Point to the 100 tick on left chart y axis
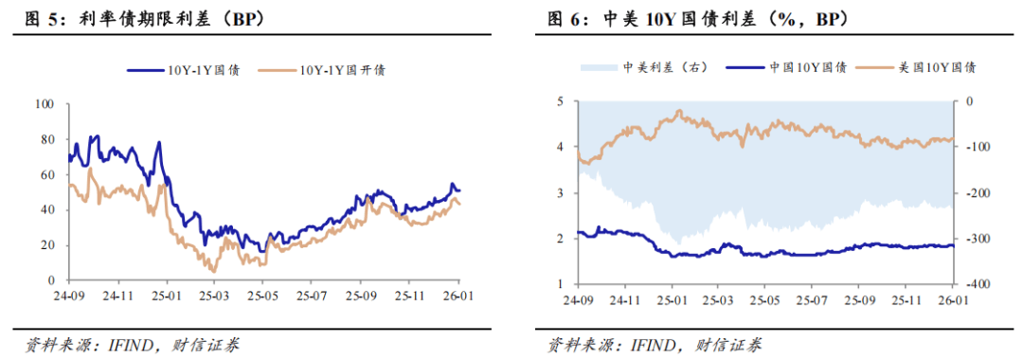tap(45, 103)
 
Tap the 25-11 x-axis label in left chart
tap(410, 296)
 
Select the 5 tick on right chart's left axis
tap(561, 100)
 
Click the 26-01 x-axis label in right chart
tap(953, 299)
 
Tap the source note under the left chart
tap(132, 344)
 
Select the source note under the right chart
tap(655, 344)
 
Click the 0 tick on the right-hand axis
tap(967, 100)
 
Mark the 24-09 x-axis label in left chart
tap(69, 296)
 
